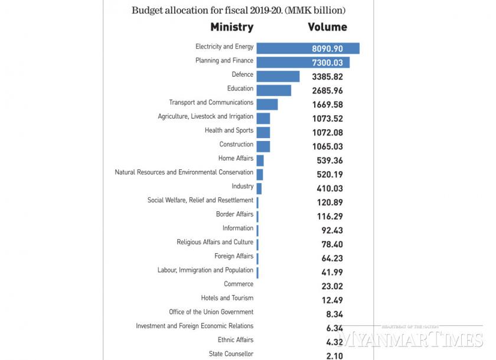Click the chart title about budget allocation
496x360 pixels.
pyautogui.click(x=239, y=11)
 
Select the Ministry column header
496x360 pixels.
pyautogui.click(x=232, y=27)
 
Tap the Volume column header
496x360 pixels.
pyautogui.click(x=327, y=27)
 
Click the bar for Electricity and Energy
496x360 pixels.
pyautogui.click(x=308, y=48)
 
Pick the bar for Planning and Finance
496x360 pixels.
pyautogui.click(x=303, y=62)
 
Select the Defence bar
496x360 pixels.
pyautogui.click(x=278, y=76)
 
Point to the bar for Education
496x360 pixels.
pyautogui.click(x=274, y=90)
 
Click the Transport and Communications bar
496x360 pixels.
pyautogui.click(x=267, y=104)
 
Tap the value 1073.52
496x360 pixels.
pyautogui.click(x=328, y=119)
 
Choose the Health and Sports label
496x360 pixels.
pyautogui.click(x=229, y=130)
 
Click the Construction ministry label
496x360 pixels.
pyautogui.click(x=236, y=145)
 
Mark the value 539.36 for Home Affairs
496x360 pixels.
pyautogui.click(x=328, y=161)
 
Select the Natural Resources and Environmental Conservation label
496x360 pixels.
pyautogui.click(x=184, y=172)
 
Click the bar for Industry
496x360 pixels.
pyautogui.click(x=259, y=188)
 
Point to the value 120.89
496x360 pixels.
pyautogui.click(x=328, y=202)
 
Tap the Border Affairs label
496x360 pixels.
pyautogui.click(x=234, y=214)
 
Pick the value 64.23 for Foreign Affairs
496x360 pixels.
pyautogui.click(x=328, y=258)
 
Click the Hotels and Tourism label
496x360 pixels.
pyautogui.click(x=227, y=298)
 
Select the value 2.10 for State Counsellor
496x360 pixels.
pyautogui.click(x=328, y=355)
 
